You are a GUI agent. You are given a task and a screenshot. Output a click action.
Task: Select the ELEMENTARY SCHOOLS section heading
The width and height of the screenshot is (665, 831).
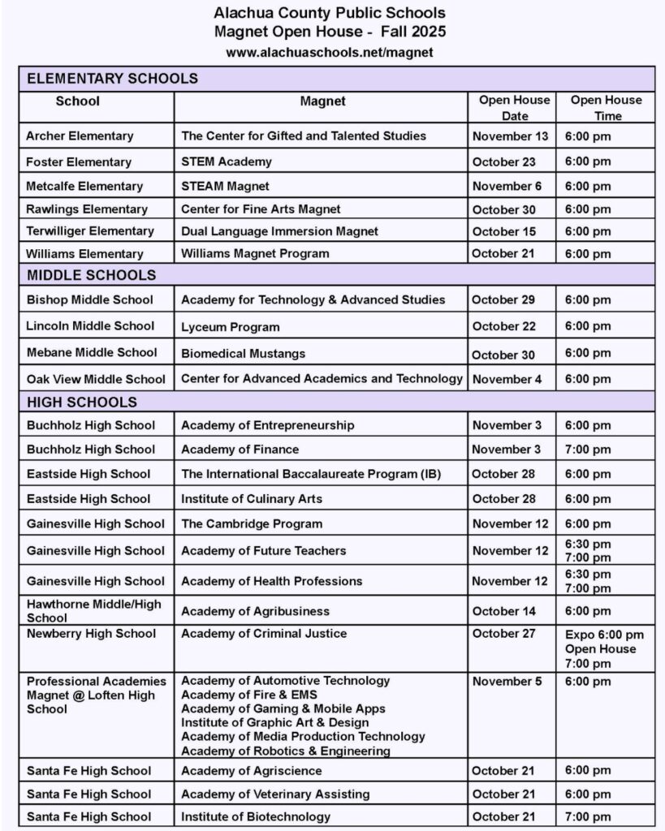pyautogui.click(x=112, y=79)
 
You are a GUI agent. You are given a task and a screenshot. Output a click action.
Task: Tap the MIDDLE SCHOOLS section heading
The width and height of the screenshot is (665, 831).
pyautogui.click(x=91, y=275)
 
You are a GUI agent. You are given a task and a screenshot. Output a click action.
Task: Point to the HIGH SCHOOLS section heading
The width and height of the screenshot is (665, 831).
pyautogui.click(x=82, y=403)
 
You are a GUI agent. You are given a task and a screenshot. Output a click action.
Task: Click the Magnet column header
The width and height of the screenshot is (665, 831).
pyautogui.click(x=322, y=101)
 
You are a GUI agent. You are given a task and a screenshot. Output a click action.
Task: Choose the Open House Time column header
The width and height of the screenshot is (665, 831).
pyautogui.click(x=606, y=108)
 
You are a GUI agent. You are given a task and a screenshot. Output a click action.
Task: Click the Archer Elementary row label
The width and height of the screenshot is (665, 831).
pyautogui.click(x=80, y=136)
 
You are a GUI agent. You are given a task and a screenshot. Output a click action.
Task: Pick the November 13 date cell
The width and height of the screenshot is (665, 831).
pyautogui.click(x=510, y=136)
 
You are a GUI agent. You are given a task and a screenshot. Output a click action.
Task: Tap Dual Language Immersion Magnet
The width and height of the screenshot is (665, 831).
pyautogui.click(x=279, y=231)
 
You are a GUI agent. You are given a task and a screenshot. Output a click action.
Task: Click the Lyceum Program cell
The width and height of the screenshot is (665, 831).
pyautogui.click(x=230, y=327)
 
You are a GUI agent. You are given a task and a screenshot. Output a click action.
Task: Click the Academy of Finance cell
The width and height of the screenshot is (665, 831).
pyautogui.click(x=240, y=450)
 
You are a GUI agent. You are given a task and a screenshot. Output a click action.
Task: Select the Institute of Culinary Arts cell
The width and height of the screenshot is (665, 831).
pyautogui.click(x=252, y=498)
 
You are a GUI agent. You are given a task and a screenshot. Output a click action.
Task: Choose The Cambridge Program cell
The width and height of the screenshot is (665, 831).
pyautogui.click(x=252, y=523)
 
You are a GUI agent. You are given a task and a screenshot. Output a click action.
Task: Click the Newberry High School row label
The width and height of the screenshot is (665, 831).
pyautogui.click(x=90, y=633)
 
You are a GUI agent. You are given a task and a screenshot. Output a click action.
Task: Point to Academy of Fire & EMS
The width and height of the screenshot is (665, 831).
pyautogui.click(x=248, y=695)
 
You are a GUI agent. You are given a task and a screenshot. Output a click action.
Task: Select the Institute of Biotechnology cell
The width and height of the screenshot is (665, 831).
pyautogui.click(x=256, y=816)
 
